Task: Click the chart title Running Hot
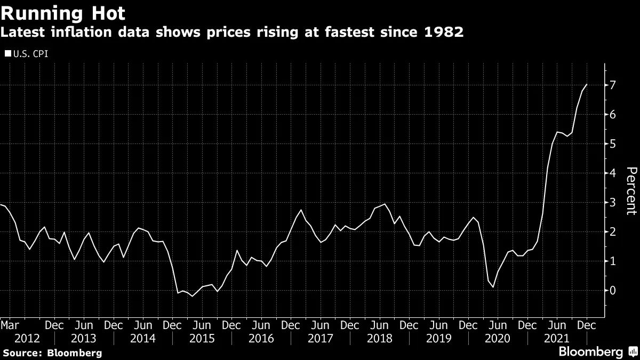(63, 13)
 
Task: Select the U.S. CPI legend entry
(26, 53)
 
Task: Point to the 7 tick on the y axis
(613, 85)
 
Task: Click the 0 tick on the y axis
(613, 291)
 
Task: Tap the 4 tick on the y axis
(613, 173)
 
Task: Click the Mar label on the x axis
(10, 325)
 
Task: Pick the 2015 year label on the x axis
(202, 338)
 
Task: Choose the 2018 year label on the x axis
(380, 338)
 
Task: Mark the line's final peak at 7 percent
(587, 84)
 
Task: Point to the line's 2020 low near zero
(493, 287)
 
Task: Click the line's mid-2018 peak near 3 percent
(385, 204)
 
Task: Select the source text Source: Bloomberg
(52, 353)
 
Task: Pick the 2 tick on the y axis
(613, 232)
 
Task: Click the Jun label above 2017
(320, 325)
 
